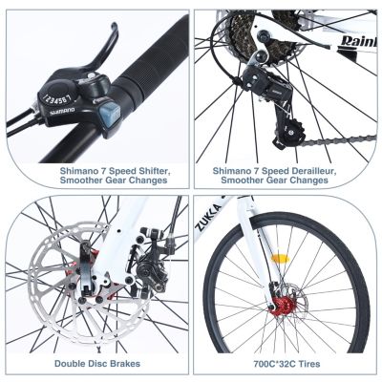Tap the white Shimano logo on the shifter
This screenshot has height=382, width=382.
pos(64,114)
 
